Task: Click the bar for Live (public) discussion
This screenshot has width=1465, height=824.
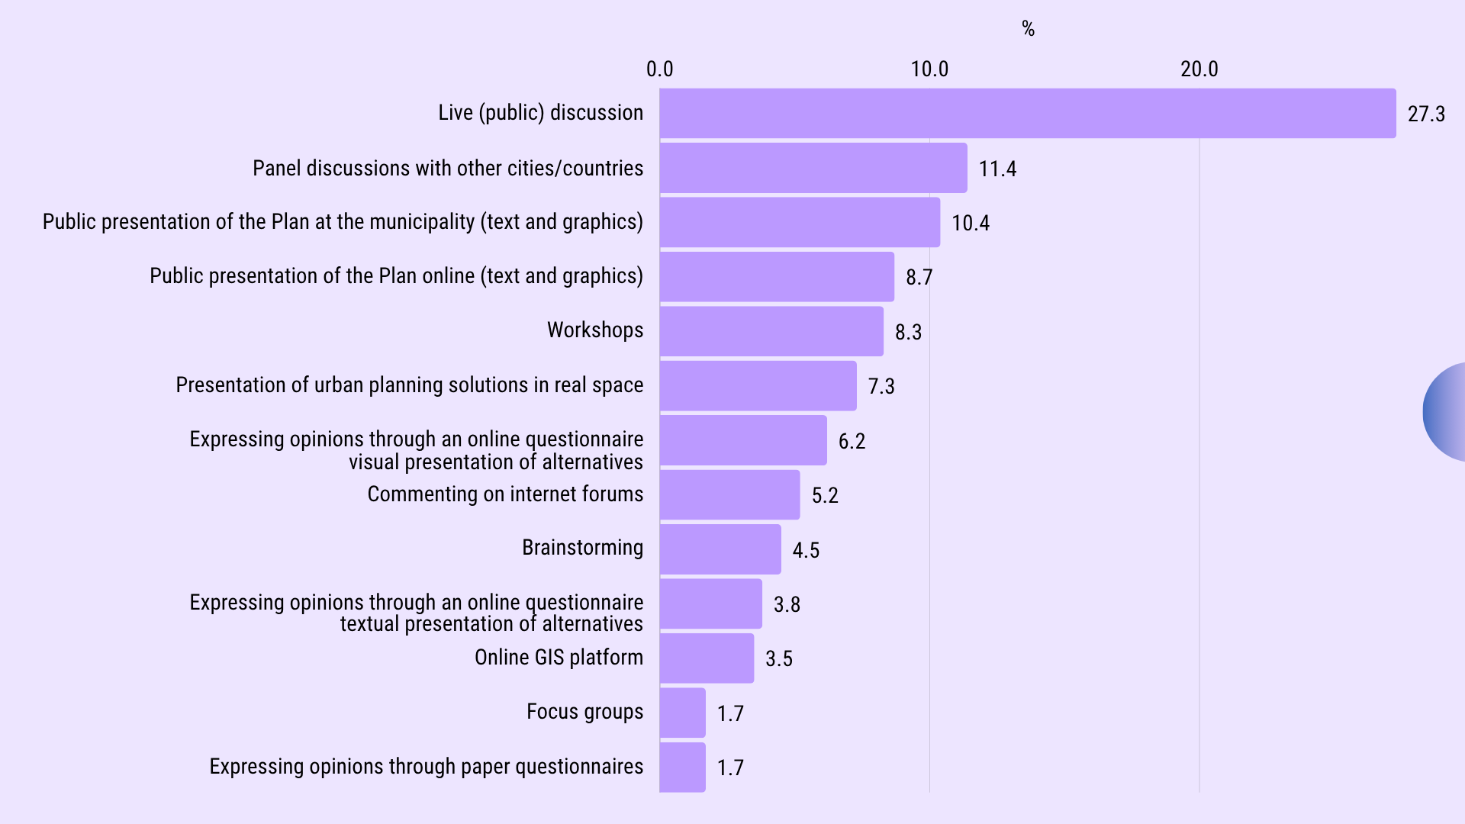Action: pos(1027,113)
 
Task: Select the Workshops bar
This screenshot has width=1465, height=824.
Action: pos(771,331)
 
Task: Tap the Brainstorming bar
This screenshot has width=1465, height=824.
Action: pos(720,549)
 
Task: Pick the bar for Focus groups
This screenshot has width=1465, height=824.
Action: pos(682,713)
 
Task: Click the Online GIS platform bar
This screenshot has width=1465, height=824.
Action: pos(707,658)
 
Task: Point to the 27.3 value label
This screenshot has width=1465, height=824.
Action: pos(1425,114)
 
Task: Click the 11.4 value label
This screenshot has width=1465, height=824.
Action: pos(997,169)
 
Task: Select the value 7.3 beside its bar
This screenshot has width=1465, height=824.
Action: pos(881,386)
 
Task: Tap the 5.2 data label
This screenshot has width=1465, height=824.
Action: pos(824,495)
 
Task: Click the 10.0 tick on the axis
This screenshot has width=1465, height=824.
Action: pos(929,69)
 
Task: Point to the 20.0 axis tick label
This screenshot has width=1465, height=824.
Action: pos(1199,69)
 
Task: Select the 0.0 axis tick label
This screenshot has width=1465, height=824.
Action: pos(659,69)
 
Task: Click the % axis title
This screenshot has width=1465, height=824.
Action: pos(1028,29)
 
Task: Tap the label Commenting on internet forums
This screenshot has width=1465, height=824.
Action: pos(505,494)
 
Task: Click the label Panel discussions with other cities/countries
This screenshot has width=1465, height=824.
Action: pos(448,168)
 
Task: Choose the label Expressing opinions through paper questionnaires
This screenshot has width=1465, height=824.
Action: pos(426,766)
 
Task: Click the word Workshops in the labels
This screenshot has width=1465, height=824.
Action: pos(594,330)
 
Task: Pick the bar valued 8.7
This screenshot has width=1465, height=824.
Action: pos(777,277)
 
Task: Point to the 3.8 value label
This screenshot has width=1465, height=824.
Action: pos(786,604)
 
